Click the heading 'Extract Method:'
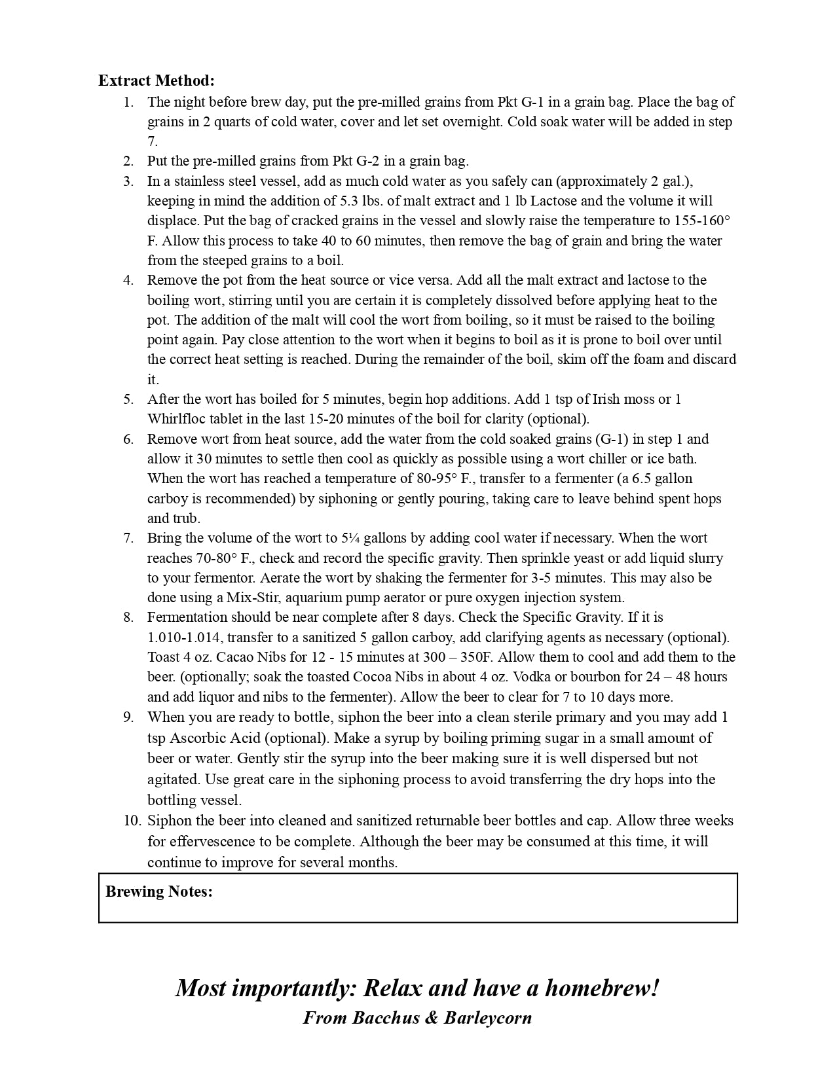[x=157, y=81]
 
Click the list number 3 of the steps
[x=128, y=181]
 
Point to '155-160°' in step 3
[x=702, y=221]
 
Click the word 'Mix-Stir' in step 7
[x=253, y=598]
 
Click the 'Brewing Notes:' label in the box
[x=159, y=891]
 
